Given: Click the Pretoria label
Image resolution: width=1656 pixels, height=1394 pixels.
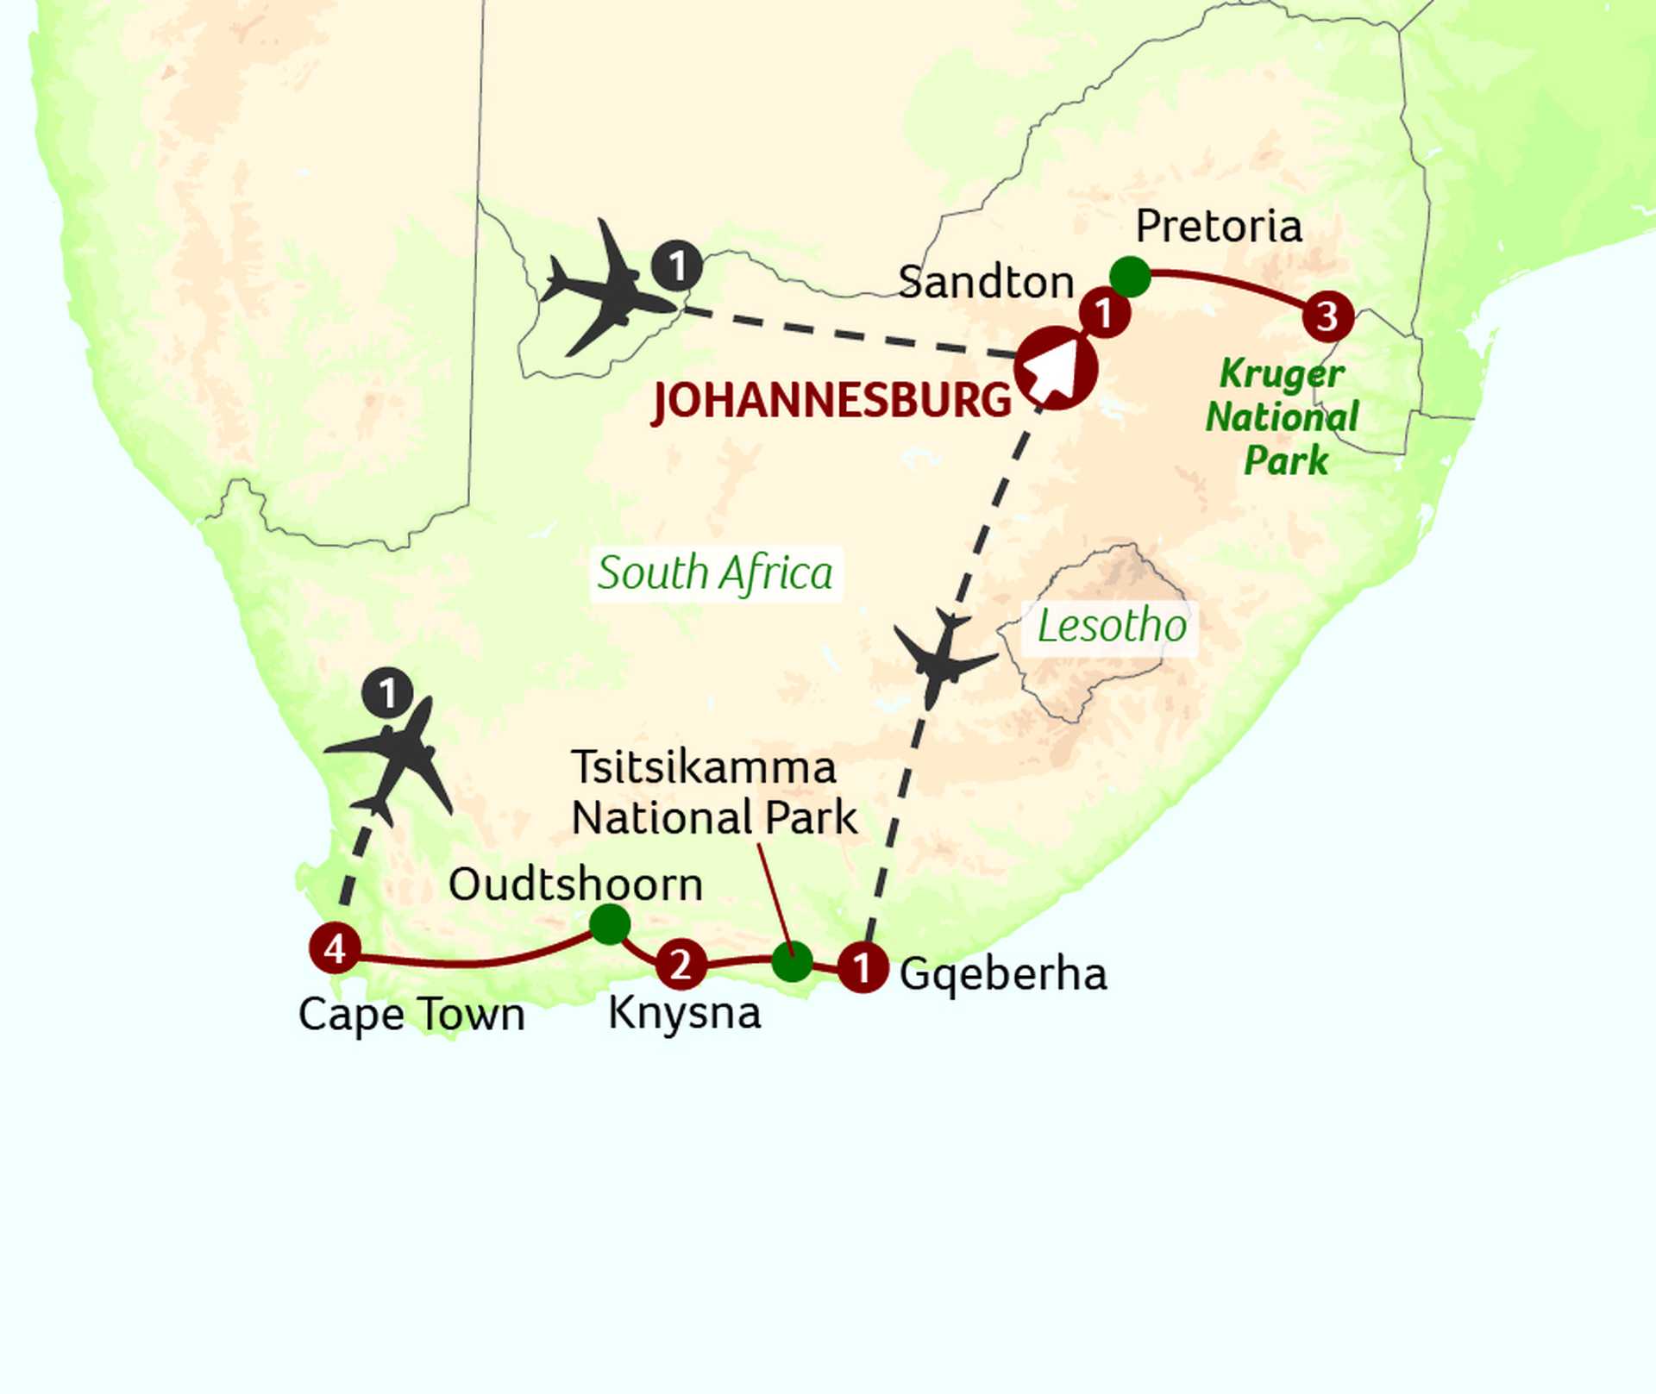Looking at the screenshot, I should point(1218,227).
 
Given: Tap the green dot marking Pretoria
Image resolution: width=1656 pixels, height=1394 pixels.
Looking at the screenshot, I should point(1130,277).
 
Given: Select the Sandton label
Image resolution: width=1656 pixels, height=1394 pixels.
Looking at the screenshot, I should point(986,282).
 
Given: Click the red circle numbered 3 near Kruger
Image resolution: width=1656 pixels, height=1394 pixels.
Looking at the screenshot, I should point(1327,316).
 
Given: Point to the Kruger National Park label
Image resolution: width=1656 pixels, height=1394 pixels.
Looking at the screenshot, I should point(1283,417).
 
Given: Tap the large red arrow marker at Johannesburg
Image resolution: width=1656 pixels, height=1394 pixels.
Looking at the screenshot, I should point(1056,368).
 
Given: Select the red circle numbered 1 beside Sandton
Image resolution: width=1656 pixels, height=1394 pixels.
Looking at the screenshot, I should point(1105,314).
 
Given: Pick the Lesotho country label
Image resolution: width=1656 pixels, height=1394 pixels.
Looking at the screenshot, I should point(1112,626).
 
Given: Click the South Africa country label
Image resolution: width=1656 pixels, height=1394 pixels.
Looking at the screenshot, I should point(715,573).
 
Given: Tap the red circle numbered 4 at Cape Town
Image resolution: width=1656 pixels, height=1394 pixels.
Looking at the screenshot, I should point(335,948).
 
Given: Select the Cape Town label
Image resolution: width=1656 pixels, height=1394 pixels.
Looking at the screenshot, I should point(411,1015).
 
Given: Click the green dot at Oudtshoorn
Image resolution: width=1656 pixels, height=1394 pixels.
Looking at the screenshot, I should point(610,924).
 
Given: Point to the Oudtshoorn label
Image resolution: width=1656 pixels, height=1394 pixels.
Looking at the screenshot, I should point(575,885).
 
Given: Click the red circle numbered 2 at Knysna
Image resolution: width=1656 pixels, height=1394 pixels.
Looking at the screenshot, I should point(681,964).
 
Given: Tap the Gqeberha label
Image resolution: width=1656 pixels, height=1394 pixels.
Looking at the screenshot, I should point(1003,974).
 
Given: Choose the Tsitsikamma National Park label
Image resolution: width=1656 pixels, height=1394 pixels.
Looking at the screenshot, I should point(713,792).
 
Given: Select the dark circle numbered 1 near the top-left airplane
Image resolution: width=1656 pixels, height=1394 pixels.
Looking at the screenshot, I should point(677,266).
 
